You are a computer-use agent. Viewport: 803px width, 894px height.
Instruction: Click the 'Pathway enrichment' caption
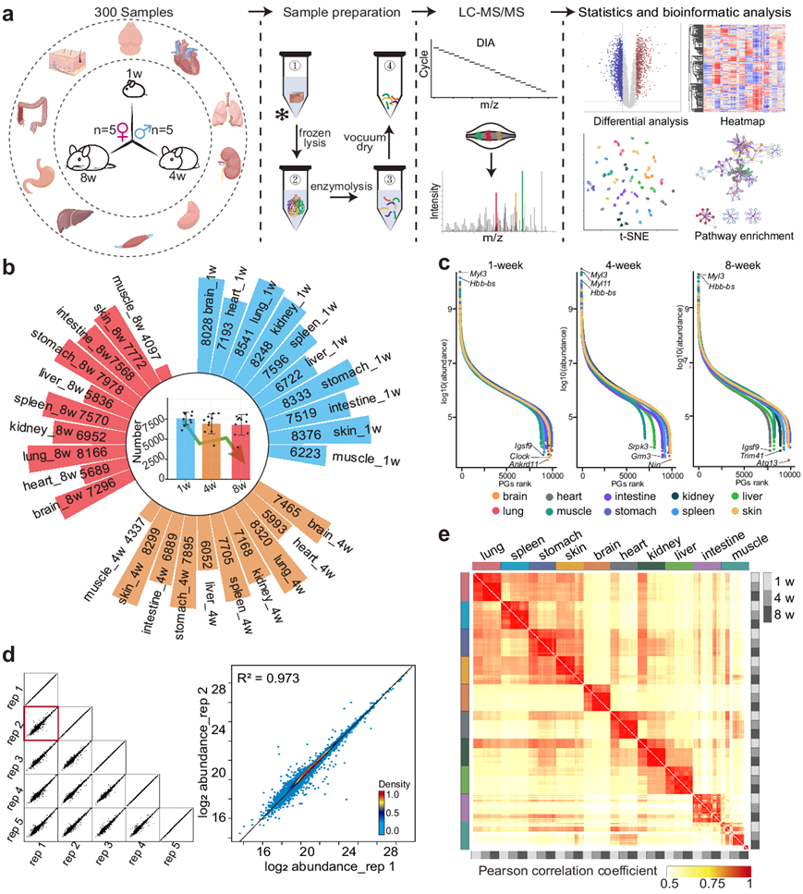coord(742,236)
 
